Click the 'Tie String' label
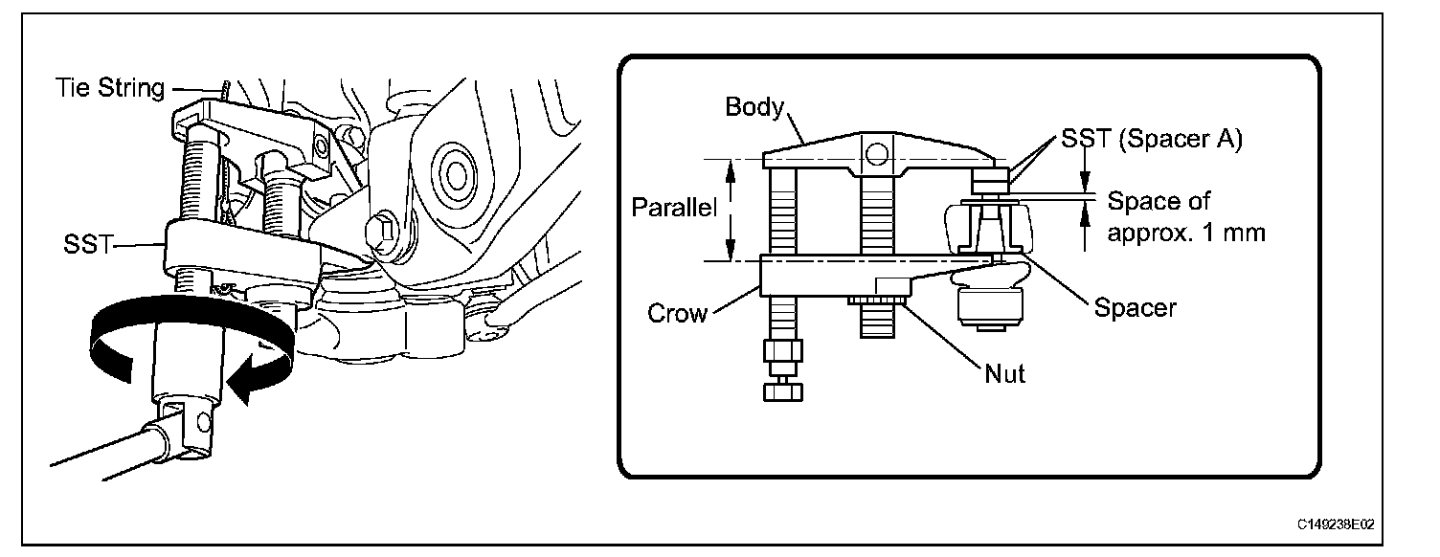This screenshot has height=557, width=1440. coord(108,89)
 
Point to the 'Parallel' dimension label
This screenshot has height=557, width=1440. coord(674,208)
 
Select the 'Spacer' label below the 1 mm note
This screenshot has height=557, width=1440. coord(1136,308)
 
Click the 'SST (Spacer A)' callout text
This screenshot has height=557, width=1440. coord(1152,140)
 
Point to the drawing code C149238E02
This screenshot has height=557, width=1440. coord(1337,525)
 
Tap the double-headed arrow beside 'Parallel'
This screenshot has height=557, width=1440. coord(731,210)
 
